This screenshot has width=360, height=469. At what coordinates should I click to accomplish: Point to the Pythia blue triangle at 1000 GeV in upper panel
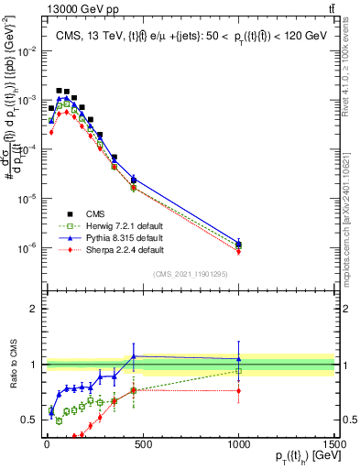[x=238, y=244]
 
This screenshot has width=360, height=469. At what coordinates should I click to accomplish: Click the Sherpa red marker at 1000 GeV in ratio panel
[x=238, y=391]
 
